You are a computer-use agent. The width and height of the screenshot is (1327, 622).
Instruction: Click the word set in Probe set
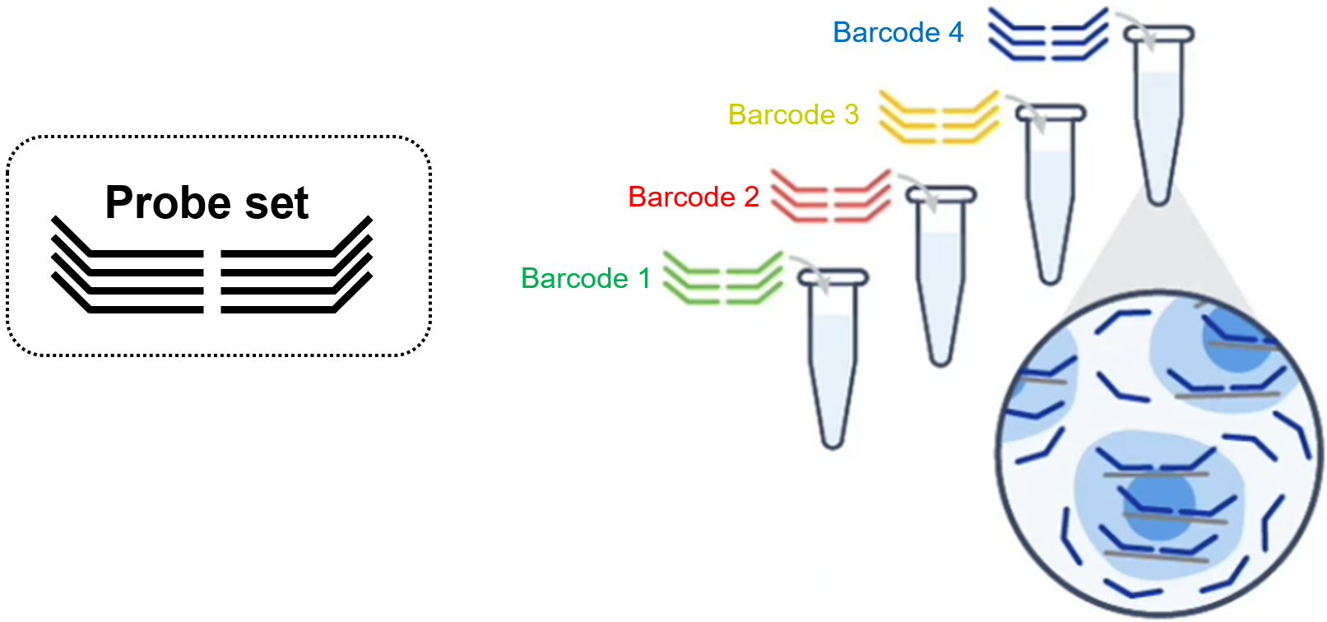pos(276,203)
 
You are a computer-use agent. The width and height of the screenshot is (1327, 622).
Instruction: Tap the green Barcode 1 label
pos(585,279)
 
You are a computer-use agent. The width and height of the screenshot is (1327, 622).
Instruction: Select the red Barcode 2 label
pos(693,197)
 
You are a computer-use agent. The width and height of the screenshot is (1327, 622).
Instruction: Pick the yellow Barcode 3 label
pos(793,115)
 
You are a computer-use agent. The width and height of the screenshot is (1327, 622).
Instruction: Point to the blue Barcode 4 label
pos(898,33)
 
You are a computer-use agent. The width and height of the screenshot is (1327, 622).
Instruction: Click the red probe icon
pos(830,196)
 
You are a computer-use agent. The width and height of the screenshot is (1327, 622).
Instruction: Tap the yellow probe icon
pos(939,117)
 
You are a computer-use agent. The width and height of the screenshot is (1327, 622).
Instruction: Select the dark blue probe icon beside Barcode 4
pos(1048,35)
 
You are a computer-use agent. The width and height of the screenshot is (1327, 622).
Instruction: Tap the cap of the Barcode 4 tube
pos(1158,34)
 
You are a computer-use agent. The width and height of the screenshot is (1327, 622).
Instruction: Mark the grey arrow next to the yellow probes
pos(1032,112)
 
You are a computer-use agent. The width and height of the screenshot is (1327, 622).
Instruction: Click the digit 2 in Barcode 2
pos(751,197)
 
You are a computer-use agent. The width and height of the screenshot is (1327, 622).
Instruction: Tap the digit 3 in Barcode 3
pos(851,115)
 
